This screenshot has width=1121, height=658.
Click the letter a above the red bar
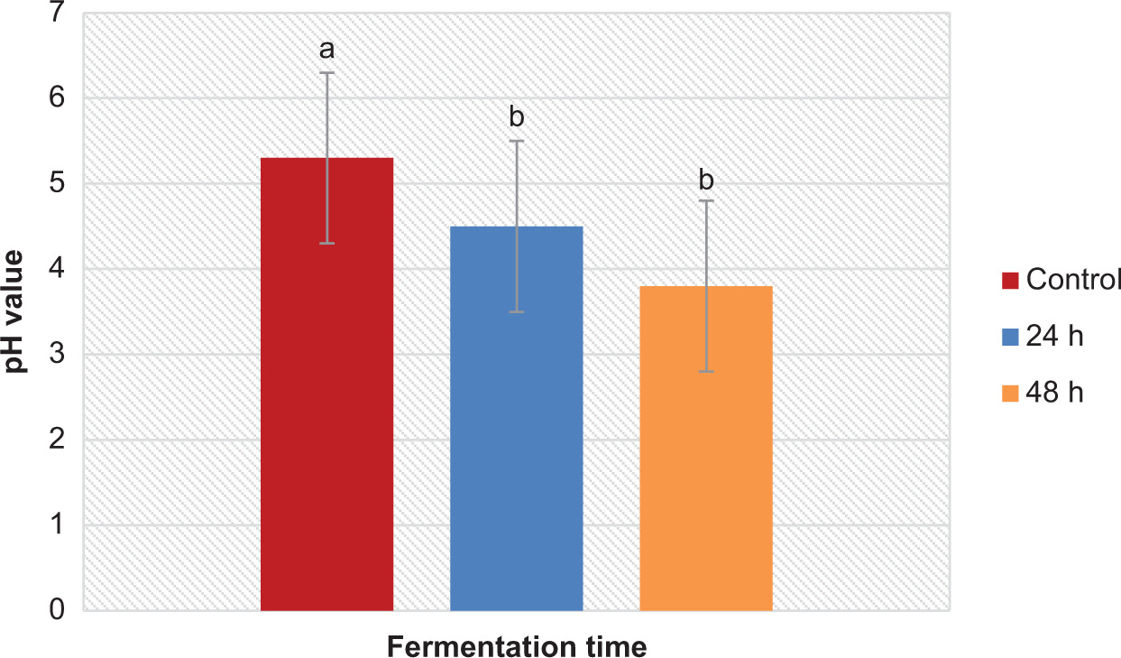(x=327, y=48)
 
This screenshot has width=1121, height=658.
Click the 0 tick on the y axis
(x=57, y=611)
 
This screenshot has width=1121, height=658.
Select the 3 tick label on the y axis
(x=57, y=355)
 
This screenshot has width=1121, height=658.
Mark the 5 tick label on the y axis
(x=57, y=184)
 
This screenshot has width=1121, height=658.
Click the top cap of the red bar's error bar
(x=327, y=72)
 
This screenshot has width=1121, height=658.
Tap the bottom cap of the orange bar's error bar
(x=706, y=371)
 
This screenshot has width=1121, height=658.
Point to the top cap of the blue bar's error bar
(x=517, y=141)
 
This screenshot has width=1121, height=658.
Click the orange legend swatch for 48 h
(x=1010, y=394)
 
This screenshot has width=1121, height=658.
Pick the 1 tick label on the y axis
(x=57, y=525)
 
